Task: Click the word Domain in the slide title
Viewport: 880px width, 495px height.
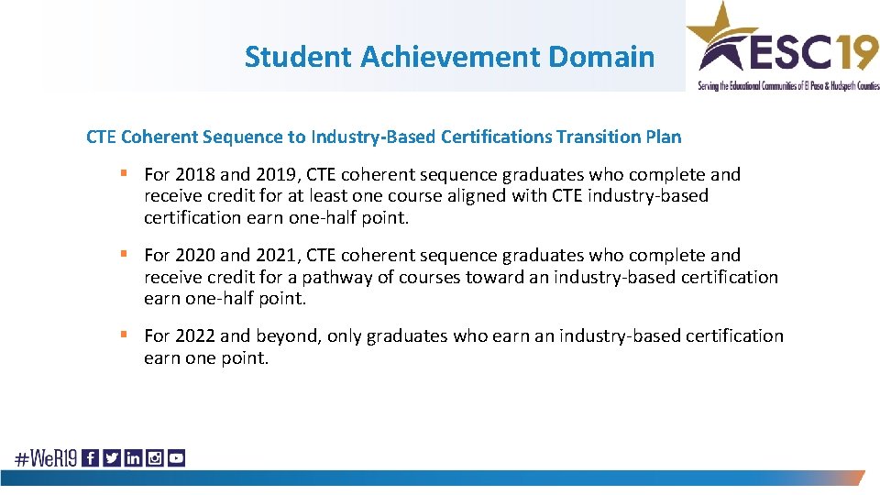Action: click(x=601, y=57)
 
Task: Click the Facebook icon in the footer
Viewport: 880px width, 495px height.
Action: click(x=90, y=457)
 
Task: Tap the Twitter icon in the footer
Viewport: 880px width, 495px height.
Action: click(x=112, y=457)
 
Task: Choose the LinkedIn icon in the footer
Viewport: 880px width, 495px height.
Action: click(x=133, y=457)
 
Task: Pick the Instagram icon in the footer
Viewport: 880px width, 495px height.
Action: click(x=155, y=457)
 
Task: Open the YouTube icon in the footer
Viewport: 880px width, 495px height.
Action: click(x=176, y=457)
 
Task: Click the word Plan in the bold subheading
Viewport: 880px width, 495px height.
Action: click(x=663, y=137)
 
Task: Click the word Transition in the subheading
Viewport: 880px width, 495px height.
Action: click(x=597, y=137)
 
